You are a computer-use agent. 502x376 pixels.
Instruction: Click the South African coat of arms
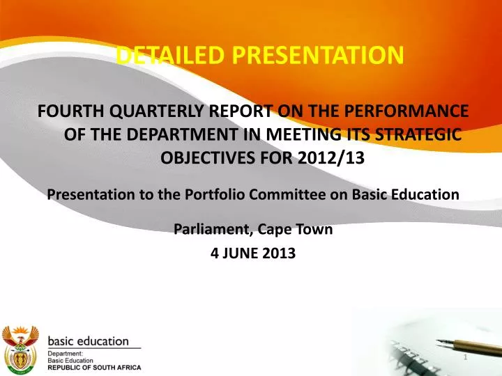tap(20, 348)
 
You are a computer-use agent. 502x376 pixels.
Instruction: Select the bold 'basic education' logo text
tap(89, 341)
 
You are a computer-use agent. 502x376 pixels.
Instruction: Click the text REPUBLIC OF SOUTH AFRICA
tap(94, 367)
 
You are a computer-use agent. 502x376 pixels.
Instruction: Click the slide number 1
tap(466, 357)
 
